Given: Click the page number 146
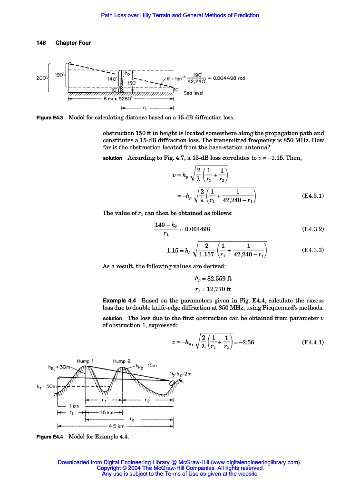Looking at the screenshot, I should tap(41, 43).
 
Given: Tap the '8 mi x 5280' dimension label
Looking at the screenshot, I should tap(117, 100).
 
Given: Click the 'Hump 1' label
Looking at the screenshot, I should tap(86, 361).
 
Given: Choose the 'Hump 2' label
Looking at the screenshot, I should tap(122, 361).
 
